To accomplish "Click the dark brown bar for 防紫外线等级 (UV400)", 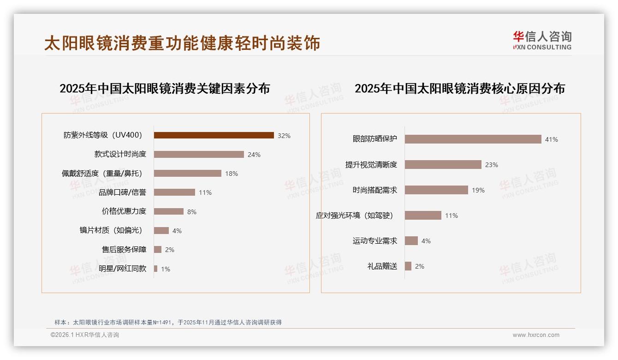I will (x=214, y=135).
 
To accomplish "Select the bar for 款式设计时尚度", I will (x=199, y=155).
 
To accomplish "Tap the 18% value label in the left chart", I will (x=232, y=174).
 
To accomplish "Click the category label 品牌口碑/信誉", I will (x=122, y=192).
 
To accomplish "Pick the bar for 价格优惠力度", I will (x=169, y=211).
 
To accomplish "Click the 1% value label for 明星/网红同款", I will (x=166, y=269).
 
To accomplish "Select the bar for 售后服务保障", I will (x=158, y=250).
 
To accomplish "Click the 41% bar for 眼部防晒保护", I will (x=473, y=139).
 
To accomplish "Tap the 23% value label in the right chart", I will (x=492, y=165).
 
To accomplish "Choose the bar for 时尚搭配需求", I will (x=437, y=190).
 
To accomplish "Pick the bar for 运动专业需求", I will (x=411, y=241).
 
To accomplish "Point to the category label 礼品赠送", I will (x=382, y=266).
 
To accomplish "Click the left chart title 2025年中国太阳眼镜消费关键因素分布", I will (x=165, y=89).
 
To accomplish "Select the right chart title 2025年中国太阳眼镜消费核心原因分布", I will (x=460, y=89).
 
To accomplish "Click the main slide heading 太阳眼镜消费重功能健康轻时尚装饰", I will (x=182, y=43).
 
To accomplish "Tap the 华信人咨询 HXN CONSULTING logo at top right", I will (x=542, y=41).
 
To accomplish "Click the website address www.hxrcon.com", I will (x=536, y=335).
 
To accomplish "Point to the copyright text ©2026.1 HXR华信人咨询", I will (x=85, y=335).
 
